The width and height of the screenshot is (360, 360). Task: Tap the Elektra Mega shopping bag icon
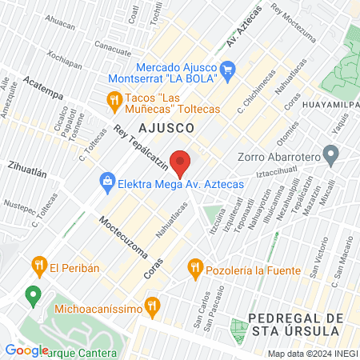pyautogui.click(x=106, y=182)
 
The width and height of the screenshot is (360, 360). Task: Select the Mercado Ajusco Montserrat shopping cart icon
pyautogui.click(x=227, y=69)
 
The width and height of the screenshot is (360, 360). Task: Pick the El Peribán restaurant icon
pyautogui.click(x=37, y=264)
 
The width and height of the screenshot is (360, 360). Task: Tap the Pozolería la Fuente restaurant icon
pyautogui.click(x=193, y=267)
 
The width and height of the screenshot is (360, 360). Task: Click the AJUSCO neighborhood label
pyautogui.click(x=166, y=128)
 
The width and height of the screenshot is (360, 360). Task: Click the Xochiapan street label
pyautogui.click(x=64, y=62)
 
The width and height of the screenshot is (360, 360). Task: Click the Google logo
pyautogui.click(x=26, y=350)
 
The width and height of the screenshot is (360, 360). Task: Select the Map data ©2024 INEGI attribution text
pyautogui.click(x=311, y=353)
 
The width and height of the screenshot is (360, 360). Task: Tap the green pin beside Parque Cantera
pyautogui.click(x=33, y=295)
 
